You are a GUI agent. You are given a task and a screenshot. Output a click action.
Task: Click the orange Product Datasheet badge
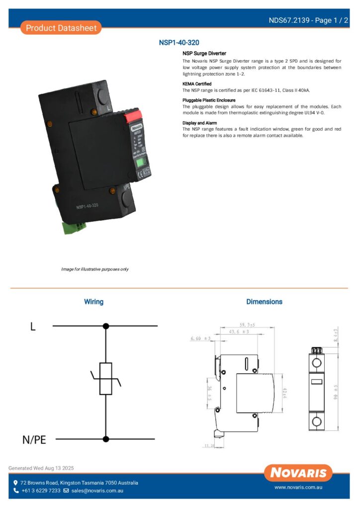pos(61,28)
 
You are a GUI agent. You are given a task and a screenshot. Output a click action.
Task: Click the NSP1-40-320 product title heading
pos(179,43)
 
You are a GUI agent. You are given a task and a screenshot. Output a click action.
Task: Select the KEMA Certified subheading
pos(197,84)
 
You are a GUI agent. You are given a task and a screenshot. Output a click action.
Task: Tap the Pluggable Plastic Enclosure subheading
pos(209,100)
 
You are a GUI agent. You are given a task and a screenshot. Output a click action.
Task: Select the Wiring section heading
pos(93,302)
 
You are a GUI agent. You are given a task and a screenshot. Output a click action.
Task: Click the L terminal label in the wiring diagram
pos(33,327)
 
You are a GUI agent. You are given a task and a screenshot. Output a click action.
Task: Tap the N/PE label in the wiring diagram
pos(34,439)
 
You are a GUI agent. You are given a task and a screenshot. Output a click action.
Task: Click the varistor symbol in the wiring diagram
pos(105,379)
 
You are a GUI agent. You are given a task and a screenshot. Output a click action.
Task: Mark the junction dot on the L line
pos(105,326)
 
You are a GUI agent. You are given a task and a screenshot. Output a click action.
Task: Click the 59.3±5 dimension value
pos(247,325)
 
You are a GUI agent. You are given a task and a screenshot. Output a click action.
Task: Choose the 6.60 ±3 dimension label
pos(201,339)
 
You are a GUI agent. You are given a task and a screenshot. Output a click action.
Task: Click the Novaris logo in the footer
pos(298,472)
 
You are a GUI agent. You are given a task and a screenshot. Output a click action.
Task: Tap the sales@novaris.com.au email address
pos(97,491)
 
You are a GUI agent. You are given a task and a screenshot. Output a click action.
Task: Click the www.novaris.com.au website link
pos(298,488)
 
